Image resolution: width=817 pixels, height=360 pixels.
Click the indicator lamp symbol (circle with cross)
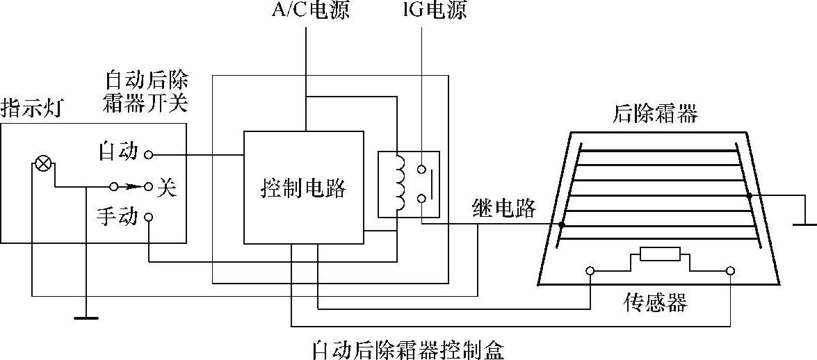(x=43, y=165)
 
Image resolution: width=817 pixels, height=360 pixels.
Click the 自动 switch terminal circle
(x=148, y=154)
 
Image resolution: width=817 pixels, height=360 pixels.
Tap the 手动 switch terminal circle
(x=148, y=218)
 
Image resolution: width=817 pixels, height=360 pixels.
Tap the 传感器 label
(x=656, y=303)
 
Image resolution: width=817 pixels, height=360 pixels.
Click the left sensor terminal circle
(x=590, y=271)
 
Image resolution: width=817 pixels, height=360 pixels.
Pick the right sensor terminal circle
(x=731, y=271)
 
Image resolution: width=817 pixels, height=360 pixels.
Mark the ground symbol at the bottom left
(x=85, y=317)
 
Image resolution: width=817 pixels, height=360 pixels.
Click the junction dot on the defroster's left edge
(x=562, y=224)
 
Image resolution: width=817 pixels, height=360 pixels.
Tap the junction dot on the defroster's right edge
(x=749, y=196)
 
